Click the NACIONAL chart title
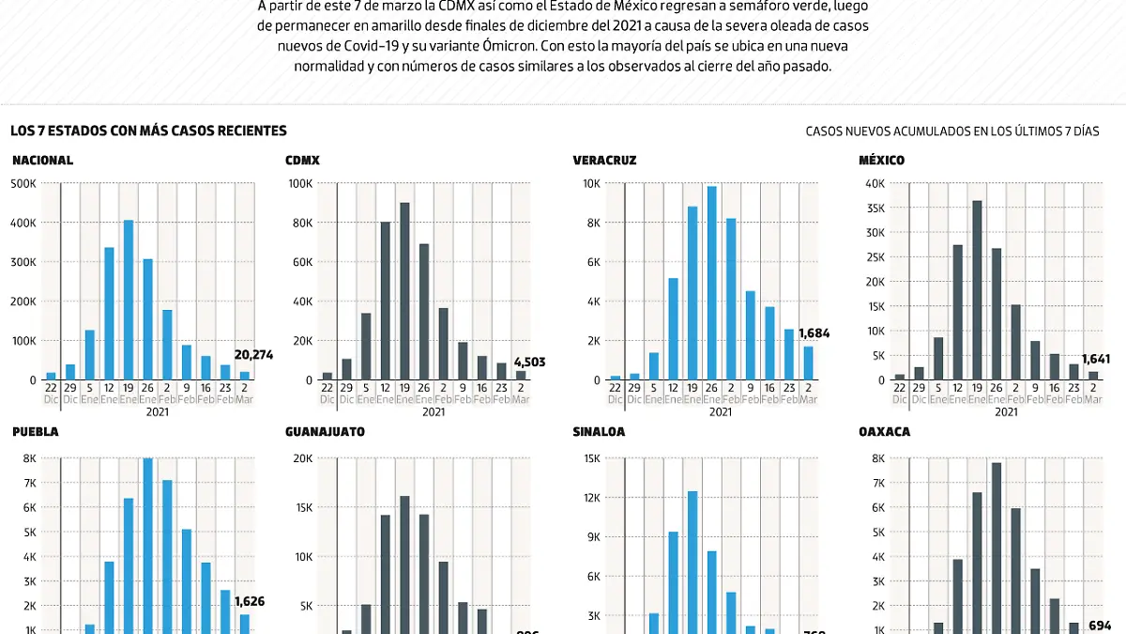tap(42, 161)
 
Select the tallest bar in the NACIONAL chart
tap(129, 300)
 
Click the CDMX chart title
tap(302, 161)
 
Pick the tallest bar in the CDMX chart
tap(404, 291)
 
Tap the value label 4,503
tap(529, 362)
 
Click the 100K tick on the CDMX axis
tap(299, 184)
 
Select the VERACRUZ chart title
tap(604, 161)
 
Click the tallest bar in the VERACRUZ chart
tap(711, 283)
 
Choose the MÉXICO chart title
tap(881, 161)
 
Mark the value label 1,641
tap(1097, 359)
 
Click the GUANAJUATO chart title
tap(325, 432)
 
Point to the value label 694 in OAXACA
tap(1101, 625)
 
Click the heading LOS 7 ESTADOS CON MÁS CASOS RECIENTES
tap(148, 131)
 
